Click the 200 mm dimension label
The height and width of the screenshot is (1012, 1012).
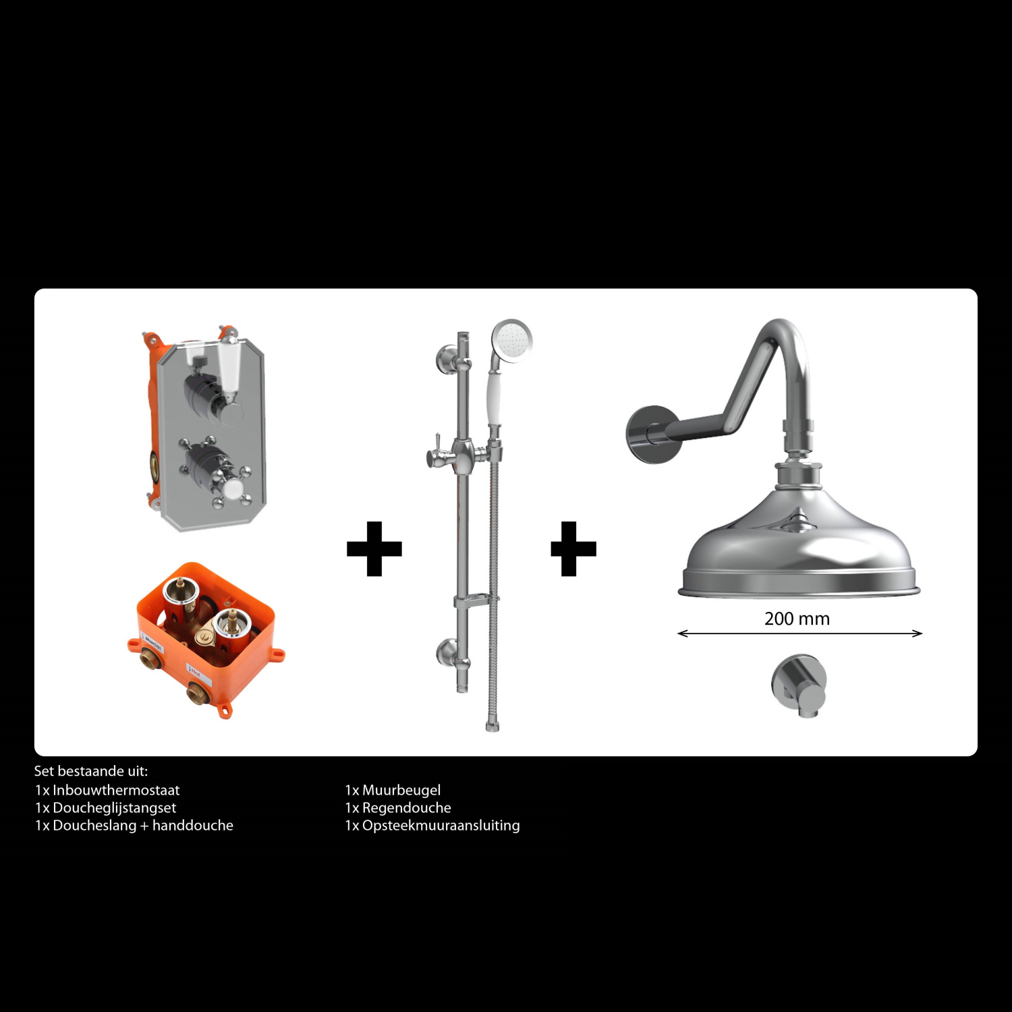[x=797, y=619]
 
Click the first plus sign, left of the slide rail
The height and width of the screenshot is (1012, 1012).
[x=374, y=549]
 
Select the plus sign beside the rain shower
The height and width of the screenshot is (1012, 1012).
[x=573, y=549]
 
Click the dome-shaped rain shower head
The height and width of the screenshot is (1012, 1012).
[x=799, y=546]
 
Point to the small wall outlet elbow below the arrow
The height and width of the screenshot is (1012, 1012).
[x=799, y=685]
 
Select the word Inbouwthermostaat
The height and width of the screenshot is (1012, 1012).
[x=116, y=790]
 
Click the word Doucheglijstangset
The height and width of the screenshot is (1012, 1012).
[x=114, y=808]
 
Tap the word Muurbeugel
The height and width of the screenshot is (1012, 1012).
[x=401, y=790]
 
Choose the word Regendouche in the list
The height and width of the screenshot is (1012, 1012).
[x=407, y=808]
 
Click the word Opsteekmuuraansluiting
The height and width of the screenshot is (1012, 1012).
[x=441, y=826]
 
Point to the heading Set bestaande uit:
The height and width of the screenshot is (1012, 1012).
[x=91, y=771]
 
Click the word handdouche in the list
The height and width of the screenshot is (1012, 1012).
[x=193, y=825]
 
